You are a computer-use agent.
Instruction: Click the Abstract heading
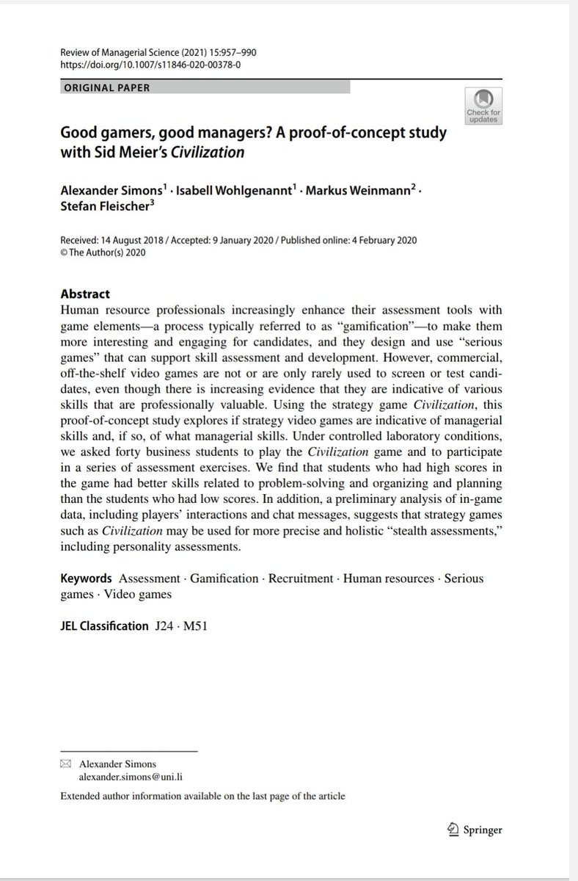pyautogui.click(x=85, y=294)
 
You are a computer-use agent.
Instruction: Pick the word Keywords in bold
pyautogui.click(x=86, y=579)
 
